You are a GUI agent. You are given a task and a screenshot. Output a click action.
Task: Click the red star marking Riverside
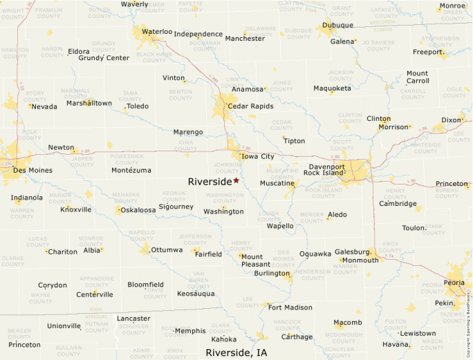click(236, 180)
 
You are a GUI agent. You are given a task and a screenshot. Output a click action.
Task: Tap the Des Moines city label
click(33, 170)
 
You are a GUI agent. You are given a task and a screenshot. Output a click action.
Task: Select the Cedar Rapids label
click(250, 106)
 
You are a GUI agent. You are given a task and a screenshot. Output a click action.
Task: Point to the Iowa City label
click(257, 157)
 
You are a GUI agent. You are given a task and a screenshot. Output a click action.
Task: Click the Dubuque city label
click(338, 26)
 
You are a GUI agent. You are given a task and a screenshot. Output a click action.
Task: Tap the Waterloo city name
click(157, 32)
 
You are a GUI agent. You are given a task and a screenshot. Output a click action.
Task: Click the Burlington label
click(271, 274)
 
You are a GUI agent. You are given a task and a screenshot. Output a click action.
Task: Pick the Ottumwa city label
click(167, 249)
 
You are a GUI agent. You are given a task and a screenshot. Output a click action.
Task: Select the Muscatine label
click(277, 183)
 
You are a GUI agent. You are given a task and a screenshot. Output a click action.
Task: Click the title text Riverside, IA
click(236, 352)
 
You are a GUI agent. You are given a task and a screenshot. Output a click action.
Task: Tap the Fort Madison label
click(290, 307)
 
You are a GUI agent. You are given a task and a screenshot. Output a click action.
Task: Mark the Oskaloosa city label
click(138, 210)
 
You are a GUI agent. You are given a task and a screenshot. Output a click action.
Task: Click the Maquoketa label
click(332, 88)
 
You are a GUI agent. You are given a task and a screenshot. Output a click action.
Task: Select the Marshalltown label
click(89, 103)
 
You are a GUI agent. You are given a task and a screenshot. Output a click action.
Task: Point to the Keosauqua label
click(196, 294)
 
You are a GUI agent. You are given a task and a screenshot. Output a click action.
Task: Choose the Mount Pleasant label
click(256, 260)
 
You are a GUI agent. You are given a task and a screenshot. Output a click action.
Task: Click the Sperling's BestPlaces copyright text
click(468, 318)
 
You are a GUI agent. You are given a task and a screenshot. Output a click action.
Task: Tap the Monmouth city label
click(360, 260)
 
